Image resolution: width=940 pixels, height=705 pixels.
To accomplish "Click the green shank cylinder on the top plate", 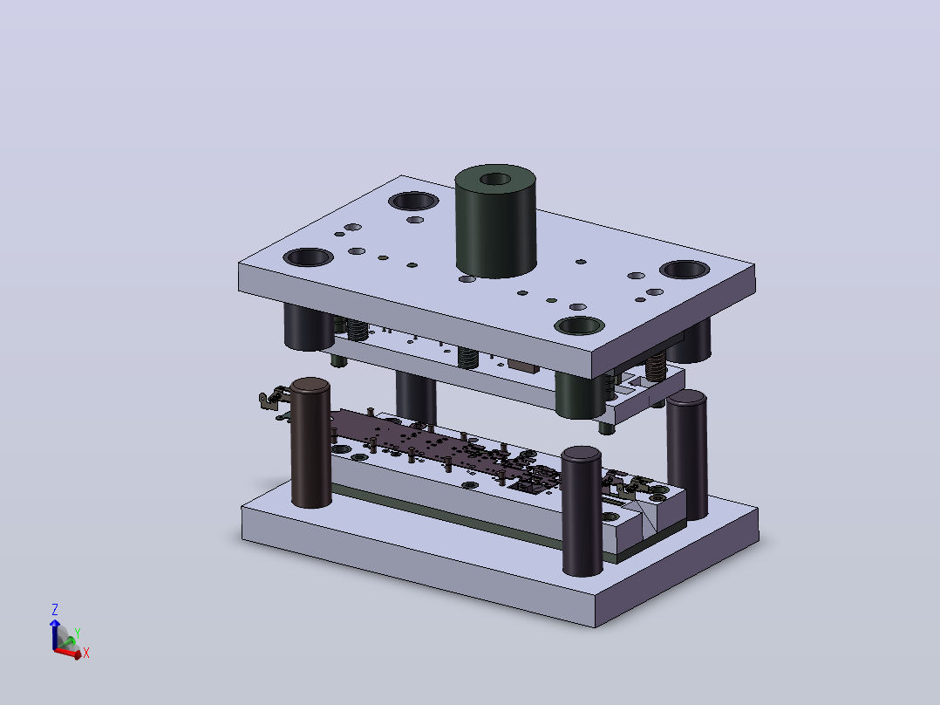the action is (495, 222).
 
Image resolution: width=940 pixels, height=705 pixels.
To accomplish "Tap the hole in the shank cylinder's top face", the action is (495, 179).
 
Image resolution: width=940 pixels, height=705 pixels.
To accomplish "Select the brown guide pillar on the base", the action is (310, 442).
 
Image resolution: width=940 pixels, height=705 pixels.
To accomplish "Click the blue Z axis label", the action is (55, 610).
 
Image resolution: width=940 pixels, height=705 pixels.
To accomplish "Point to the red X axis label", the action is (86, 653).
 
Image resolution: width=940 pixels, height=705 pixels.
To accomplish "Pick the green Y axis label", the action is (78, 633).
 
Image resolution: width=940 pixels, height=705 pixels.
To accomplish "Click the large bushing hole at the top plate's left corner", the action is (308, 257).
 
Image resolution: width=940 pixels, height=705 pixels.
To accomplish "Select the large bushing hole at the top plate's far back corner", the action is (413, 201).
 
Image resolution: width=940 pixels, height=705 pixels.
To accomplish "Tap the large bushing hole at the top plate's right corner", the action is (685, 270).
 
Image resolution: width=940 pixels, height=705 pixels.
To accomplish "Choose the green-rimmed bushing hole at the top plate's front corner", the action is (579, 325).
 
